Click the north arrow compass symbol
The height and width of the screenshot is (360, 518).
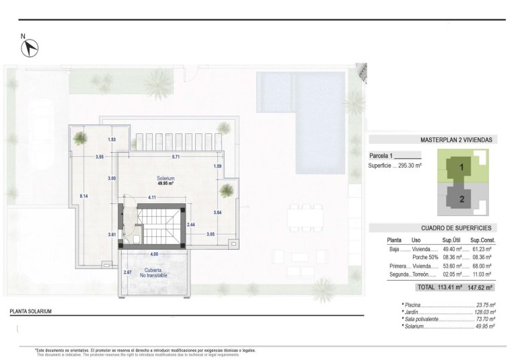click(x=30, y=48)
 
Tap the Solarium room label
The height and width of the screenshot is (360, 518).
click(x=165, y=178)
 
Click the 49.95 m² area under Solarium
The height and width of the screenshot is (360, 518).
click(x=165, y=183)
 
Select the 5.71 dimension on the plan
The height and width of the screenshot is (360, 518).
click(x=176, y=157)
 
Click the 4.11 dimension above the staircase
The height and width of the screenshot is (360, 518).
click(x=153, y=197)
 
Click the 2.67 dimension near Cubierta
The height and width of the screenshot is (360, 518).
click(x=128, y=272)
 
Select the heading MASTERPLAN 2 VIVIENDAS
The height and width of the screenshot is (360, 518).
click(x=456, y=140)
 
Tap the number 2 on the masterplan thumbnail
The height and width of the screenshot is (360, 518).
click(x=461, y=199)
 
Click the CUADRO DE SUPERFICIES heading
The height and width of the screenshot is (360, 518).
click(x=456, y=228)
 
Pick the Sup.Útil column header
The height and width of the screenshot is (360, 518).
click(x=450, y=240)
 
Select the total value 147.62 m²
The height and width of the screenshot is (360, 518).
click(x=480, y=287)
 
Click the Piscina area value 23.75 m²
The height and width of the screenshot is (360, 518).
click(x=484, y=305)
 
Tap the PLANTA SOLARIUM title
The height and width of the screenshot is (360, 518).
click(x=30, y=312)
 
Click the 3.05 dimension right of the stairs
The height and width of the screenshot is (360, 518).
click(x=211, y=234)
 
